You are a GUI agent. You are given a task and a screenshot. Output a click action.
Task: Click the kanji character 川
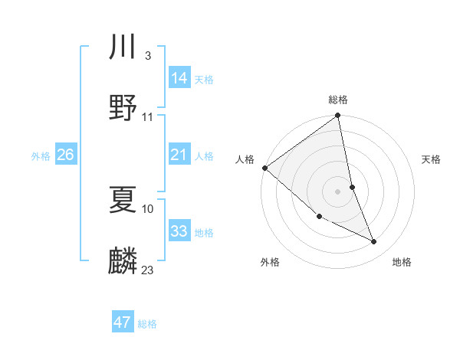pos(123,47)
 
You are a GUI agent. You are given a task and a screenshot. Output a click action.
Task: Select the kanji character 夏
pos(123,199)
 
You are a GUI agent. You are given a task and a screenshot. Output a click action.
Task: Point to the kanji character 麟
pos(123,260)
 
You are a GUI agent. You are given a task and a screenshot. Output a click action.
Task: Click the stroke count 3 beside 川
pos(147,56)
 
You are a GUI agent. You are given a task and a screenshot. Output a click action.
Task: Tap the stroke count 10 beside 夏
pos(148,208)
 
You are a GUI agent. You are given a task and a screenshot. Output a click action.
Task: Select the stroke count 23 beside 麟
pos(148,270)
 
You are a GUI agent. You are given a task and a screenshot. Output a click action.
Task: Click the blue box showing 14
pos(179,77)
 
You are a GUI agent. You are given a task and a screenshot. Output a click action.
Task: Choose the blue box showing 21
pos(179,155)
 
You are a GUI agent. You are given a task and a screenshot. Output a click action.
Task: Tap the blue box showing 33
pos(179,231)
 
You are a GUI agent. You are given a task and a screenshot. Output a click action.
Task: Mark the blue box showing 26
pos(65,155)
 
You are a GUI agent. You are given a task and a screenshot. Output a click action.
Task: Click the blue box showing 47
pos(123,322)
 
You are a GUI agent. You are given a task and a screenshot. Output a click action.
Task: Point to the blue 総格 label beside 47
pos(147,324)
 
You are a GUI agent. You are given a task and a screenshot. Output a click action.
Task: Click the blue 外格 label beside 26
pos(41,156)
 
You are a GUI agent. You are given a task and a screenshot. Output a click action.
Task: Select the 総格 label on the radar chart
pos(338,100)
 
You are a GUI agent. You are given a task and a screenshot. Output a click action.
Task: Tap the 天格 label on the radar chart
pos(431,159)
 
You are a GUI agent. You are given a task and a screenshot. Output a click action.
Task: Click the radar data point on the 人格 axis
pos(264,168)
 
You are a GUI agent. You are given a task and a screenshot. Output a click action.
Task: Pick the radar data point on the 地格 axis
pos(374,242)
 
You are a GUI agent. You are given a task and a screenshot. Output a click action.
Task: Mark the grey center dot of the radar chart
pos(338,191)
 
